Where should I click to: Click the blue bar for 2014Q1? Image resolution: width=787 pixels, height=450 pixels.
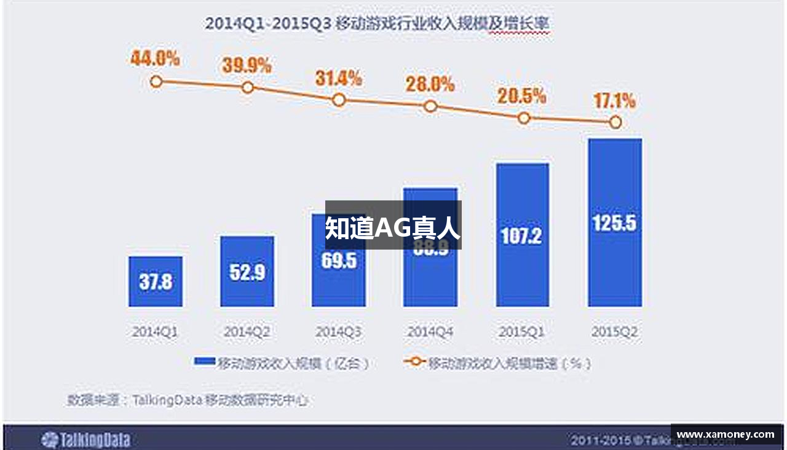[156, 281]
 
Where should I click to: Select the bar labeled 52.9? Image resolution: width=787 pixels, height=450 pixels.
[247, 271]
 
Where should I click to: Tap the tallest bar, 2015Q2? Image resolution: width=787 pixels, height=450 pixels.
[615, 222]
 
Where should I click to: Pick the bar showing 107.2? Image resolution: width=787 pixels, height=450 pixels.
[523, 234]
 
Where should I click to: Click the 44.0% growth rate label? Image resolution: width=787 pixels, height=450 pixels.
[155, 59]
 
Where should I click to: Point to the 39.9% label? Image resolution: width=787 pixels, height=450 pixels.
[247, 65]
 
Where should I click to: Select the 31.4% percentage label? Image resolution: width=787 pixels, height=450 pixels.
[338, 78]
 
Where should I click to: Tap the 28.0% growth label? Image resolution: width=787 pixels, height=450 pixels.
[430, 84]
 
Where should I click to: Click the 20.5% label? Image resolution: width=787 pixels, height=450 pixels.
[522, 96]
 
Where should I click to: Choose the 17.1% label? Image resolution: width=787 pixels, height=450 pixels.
[614, 100]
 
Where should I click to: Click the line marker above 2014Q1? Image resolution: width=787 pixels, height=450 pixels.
[156, 81]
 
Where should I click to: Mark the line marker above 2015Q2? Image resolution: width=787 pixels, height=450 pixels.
[615, 122]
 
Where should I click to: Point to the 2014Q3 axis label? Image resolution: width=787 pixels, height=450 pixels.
[338, 333]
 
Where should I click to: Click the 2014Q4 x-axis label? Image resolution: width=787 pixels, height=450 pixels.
[430, 333]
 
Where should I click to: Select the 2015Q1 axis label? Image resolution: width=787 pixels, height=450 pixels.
[522, 333]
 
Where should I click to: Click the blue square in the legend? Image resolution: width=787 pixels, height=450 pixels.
[204, 362]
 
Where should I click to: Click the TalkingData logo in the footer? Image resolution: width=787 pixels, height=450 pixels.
[85, 440]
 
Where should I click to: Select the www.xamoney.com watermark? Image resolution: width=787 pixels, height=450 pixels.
[726, 435]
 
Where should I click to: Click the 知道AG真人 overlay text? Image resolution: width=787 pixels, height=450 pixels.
[393, 227]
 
